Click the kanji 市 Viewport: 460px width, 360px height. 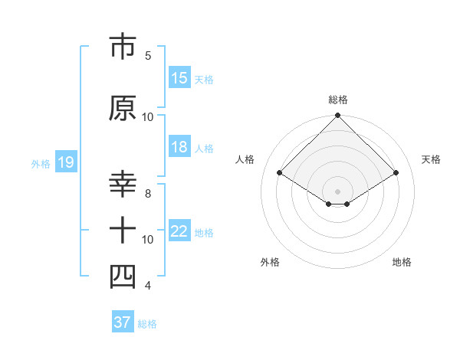123,47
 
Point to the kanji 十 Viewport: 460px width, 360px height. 123,230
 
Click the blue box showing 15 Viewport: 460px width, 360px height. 179,78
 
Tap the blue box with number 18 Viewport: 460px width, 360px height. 179,148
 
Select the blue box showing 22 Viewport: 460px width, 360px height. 179,232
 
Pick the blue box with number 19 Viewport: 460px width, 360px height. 65,162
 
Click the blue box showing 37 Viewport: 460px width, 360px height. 122,322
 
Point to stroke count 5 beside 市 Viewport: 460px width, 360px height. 148,55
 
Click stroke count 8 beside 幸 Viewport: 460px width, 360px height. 148,194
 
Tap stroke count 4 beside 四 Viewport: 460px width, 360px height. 148,286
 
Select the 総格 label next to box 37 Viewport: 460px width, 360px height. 148,324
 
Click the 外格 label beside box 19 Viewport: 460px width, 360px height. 41,163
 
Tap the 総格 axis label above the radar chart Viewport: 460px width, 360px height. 337,100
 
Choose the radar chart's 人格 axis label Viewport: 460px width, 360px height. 245,159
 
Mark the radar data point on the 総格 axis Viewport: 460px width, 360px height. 337,116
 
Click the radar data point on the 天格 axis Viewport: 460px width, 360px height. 396,173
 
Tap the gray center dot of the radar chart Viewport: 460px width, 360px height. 337,190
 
